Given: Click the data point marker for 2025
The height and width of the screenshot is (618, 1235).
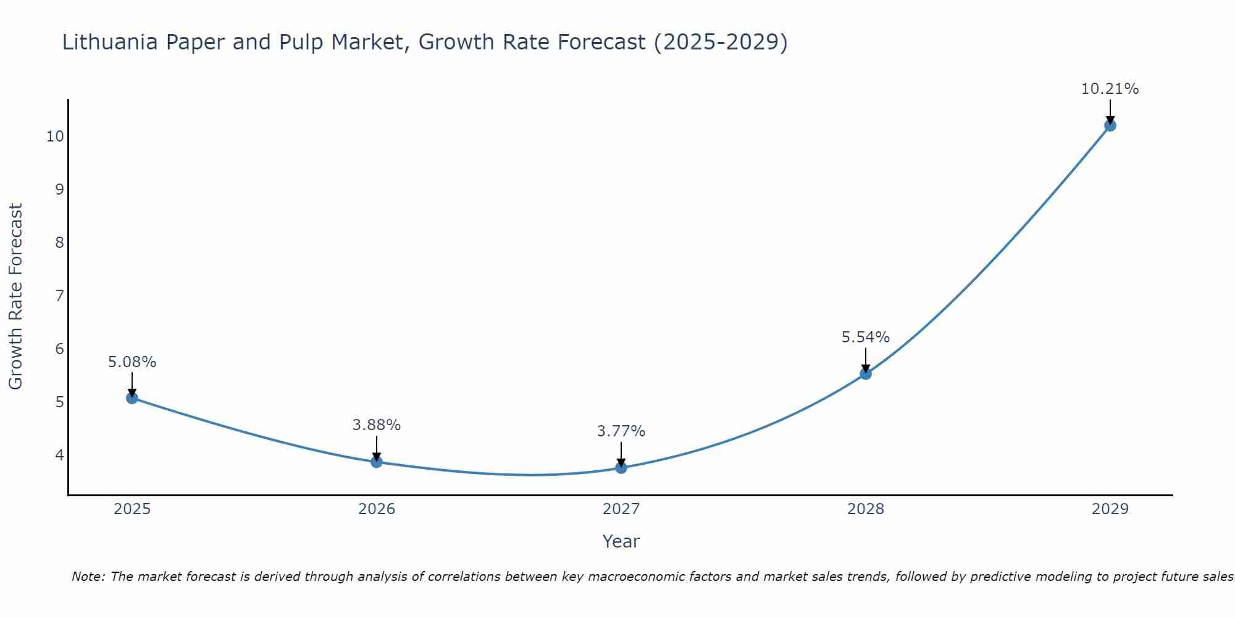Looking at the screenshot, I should click(x=132, y=398).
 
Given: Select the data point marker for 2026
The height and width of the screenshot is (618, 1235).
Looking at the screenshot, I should click(x=377, y=462).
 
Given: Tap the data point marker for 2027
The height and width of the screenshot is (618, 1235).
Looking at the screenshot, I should click(x=621, y=468).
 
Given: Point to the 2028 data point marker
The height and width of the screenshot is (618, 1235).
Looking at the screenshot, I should click(x=866, y=374).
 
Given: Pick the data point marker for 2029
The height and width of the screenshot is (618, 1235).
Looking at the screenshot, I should click(x=1110, y=125).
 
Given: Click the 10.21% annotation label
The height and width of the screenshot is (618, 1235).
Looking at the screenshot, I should click(x=1110, y=89).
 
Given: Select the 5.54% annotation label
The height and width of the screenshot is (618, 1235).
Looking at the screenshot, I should click(x=865, y=337).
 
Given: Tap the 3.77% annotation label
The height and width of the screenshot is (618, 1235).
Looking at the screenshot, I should click(x=621, y=431).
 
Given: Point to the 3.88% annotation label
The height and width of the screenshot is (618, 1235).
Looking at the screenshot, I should click(x=376, y=425).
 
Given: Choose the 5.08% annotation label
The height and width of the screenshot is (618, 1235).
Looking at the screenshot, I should click(x=132, y=362).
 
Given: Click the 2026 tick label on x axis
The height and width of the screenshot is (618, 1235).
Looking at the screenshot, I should click(x=377, y=509).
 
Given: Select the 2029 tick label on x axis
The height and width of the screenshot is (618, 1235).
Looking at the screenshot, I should click(x=1110, y=509).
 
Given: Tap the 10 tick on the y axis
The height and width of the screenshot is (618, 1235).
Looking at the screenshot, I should click(x=55, y=136).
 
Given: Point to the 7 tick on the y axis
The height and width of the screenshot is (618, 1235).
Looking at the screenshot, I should click(x=59, y=295).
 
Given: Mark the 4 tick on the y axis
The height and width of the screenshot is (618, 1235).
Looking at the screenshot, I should click(x=59, y=455).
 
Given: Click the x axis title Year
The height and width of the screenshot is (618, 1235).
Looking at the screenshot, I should click(x=621, y=541).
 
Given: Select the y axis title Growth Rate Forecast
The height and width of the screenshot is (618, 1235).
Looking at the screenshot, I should click(x=15, y=296).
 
